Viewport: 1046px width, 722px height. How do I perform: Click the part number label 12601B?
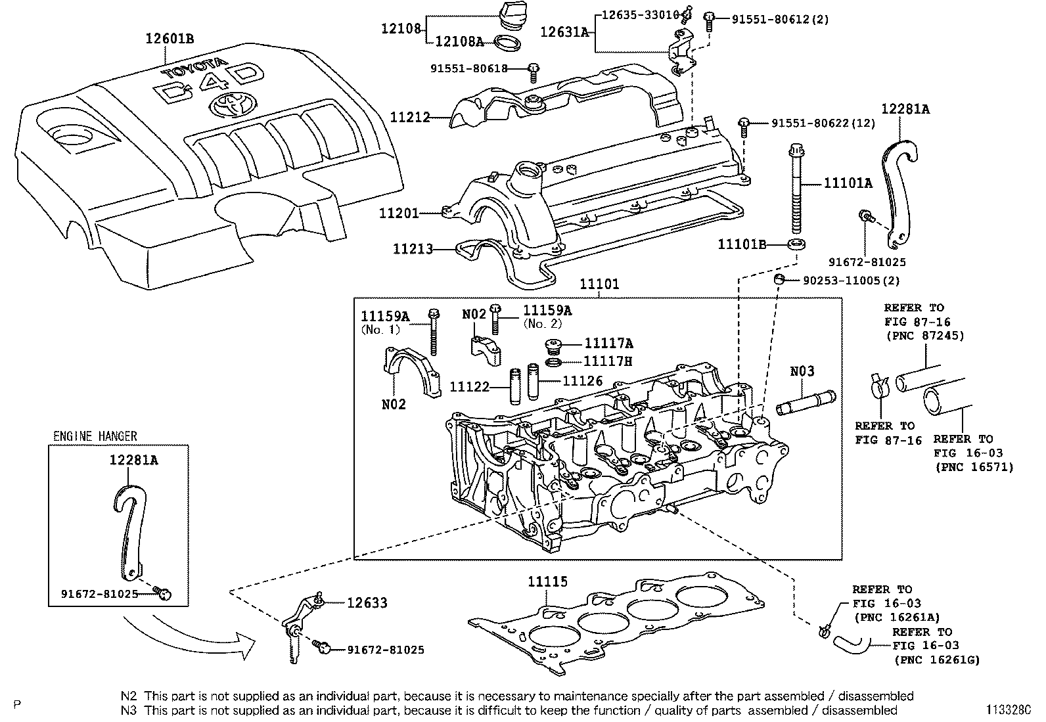click(x=169, y=39)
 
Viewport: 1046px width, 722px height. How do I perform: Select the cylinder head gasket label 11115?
click(x=547, y=581)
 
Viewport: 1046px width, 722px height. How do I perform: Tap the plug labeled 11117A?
click(x=556, y=344)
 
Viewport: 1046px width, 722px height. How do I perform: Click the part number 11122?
click(x=470, y=387)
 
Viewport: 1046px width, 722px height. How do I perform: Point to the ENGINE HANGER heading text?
click(x=95, y=436)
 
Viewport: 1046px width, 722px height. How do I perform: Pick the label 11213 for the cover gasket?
click(x=413, y=249)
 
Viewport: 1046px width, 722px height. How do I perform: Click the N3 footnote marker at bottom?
click(x=128, y=710)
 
